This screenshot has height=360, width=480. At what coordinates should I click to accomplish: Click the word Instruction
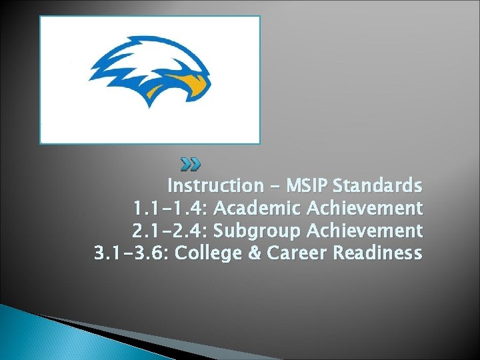(x=215, y=185)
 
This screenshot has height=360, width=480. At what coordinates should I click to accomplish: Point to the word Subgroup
(x=265, y=231)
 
